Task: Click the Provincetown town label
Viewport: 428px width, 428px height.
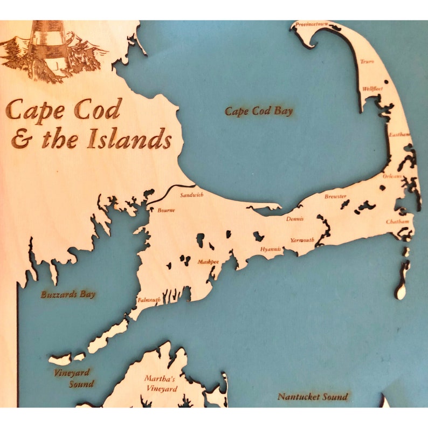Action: point(312,25)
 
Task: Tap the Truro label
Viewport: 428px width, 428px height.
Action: point(367,62)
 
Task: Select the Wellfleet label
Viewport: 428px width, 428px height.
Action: point(372,88)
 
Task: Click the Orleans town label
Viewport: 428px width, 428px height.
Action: point(392,176)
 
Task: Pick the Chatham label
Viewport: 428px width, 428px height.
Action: point(398,222)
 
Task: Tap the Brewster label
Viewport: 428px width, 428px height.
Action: point(335,197)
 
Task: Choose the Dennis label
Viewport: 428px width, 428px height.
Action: point(295,219)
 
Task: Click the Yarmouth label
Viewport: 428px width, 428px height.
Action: point(302,240)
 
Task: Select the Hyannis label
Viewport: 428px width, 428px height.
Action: point(271,249)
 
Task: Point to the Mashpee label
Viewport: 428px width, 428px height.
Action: point(208,262)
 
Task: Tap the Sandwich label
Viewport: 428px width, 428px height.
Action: point(192,195)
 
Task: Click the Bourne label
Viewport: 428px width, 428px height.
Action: point(166,211)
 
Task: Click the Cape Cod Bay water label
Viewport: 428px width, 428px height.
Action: point(259,112)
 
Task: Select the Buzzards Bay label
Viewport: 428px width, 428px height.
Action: point(68,294)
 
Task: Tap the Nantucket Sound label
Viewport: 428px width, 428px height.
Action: point(313,397)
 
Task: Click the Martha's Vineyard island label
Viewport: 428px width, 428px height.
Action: point(160,383)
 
